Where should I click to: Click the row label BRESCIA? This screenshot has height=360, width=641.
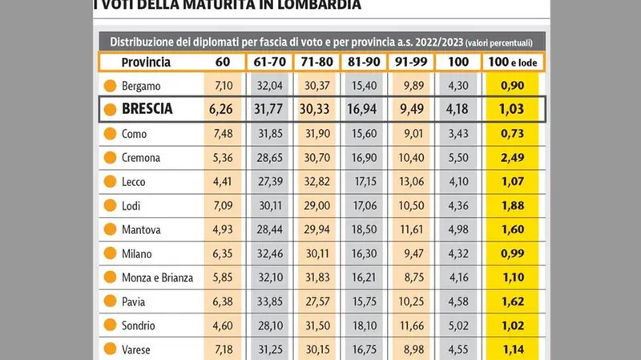coord(148,109)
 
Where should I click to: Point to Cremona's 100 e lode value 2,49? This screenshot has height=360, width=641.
coord(512,158)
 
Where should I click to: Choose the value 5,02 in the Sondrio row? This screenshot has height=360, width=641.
coord(458,326)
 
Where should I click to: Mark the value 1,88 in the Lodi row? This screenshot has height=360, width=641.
coord(512,206)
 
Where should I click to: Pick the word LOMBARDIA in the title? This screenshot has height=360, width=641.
coord(308,6)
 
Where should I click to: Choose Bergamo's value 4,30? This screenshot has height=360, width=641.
coord(458,86)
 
